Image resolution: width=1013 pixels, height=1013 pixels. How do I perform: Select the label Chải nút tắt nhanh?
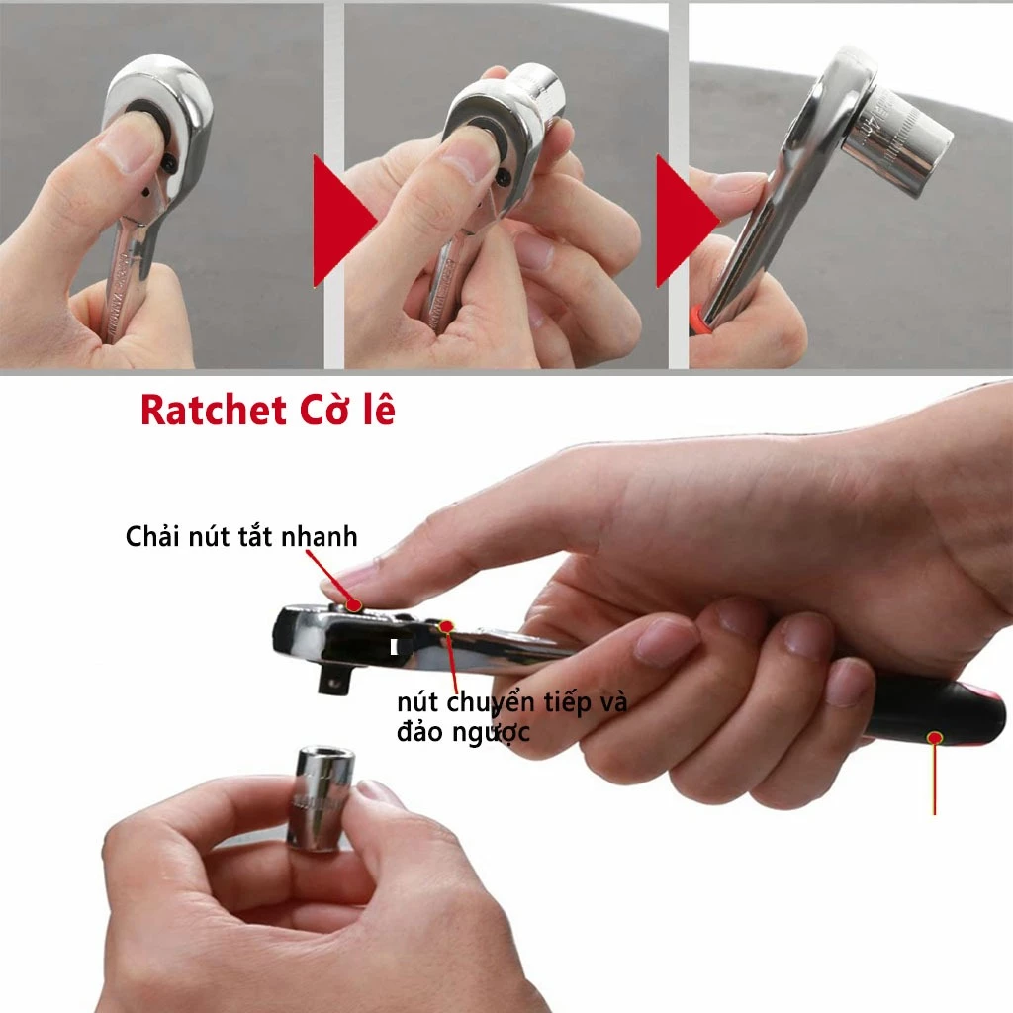pos(241,537)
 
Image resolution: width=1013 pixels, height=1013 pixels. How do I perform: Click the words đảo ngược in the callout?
pos(463,732)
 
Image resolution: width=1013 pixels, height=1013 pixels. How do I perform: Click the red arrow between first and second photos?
pos(338,220)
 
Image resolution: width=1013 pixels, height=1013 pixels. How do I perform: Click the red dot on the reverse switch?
pos(446,625)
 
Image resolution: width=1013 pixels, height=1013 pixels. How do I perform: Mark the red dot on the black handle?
pos(934,737)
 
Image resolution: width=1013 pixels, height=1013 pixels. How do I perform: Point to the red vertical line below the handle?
pos(934,782)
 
